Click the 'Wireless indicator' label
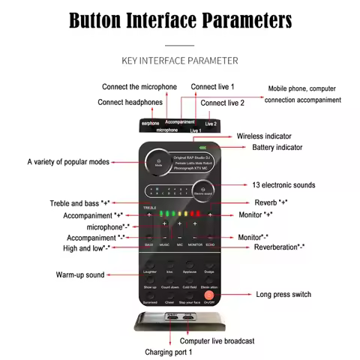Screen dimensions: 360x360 coord(265,136)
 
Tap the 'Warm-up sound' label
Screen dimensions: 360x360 coord(81,274)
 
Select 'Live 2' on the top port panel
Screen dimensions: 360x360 coord(210,124)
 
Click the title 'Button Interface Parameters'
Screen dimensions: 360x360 coord(180,20)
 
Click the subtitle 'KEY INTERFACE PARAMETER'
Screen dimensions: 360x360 coord(180,60)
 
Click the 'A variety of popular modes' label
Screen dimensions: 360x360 coord(68,161)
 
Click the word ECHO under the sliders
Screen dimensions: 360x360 coord(210,245)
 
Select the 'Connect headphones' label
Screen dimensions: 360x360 coord(131,102)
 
